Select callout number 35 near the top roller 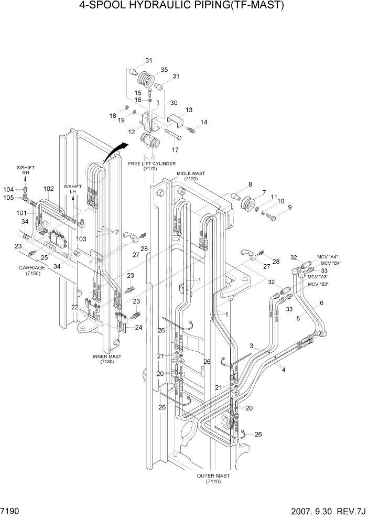(164, 69)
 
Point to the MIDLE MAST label (190, 174)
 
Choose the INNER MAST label (107, 356)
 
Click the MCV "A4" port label (327, 257)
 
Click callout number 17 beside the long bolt (175, 149)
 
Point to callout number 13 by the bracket (189, 110)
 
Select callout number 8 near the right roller (250, 184)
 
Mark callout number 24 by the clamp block (138, 328)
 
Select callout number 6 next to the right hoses (321, 303)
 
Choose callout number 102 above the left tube (48, 189)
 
